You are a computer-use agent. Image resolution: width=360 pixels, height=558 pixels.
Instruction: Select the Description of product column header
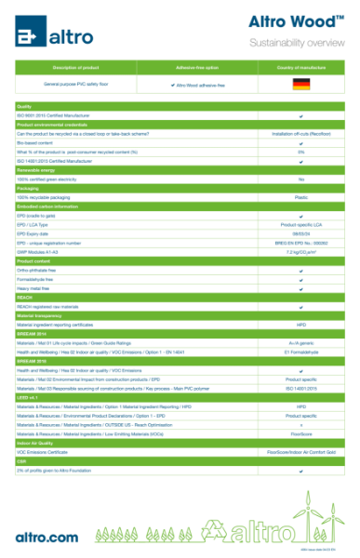click(76, 68)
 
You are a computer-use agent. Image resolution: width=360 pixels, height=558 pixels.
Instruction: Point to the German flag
click(300, 85)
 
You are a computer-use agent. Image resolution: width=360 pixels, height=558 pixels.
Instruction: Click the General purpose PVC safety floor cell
click(76, 85)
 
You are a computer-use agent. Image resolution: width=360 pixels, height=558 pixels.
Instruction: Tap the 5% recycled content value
click(300, 152)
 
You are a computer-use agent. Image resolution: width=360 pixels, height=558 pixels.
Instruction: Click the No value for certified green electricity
click(300, 179)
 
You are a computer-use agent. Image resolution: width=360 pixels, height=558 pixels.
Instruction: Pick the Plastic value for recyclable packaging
click(300, 197)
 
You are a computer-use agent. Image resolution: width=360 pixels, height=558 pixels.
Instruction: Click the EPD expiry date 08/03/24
click(300, 233)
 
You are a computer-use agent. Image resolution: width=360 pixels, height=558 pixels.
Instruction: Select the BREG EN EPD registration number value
click(300, 243)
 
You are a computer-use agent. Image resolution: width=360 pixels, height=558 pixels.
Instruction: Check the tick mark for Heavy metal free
click(300, 288)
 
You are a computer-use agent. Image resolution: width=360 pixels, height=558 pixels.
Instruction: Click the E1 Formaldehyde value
click(300, 352)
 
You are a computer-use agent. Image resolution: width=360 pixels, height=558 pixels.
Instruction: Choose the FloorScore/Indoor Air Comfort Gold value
click(300, 452)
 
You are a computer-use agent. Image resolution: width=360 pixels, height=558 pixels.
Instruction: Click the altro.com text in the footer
click(47, 538)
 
